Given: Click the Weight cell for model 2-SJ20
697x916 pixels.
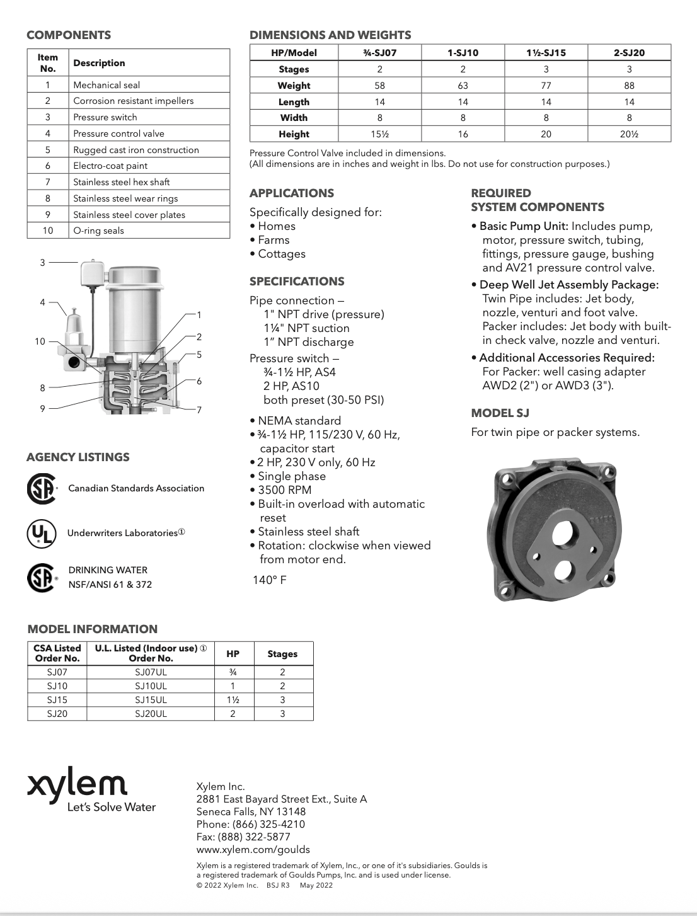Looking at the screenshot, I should [629, 86].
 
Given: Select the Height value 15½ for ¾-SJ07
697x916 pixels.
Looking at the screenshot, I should [379, 134].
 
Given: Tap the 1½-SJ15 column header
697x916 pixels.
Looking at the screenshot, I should [546, 53].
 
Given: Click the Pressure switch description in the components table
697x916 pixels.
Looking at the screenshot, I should [105, 117].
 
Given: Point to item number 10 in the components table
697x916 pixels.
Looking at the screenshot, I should [48, 231].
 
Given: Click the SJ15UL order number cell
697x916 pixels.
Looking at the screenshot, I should [151, 700].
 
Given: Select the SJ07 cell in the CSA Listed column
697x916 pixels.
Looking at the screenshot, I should [57, 672].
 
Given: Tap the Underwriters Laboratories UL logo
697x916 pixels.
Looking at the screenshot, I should [41, 533].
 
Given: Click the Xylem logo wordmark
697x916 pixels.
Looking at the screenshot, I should [77, 784].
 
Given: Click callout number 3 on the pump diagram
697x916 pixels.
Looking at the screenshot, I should [43, 262].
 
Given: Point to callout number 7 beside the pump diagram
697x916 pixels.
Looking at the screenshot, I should [199, 410].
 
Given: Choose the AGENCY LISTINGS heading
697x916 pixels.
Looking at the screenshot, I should [78, 457].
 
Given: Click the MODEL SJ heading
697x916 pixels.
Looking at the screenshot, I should [500, 413].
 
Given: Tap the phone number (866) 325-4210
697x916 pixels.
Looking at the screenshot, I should [268, 824].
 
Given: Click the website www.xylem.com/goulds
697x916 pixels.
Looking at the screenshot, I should [253, 849].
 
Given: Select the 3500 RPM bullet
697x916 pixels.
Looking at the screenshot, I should [284, 490].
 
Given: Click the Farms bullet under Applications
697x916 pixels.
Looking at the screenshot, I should [274, 240].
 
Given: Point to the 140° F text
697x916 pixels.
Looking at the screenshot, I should [269, 580].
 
